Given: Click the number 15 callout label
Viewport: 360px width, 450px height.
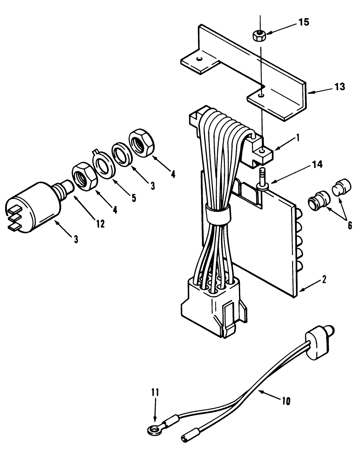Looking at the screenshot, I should [304, 23].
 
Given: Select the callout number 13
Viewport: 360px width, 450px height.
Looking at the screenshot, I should [340, 87].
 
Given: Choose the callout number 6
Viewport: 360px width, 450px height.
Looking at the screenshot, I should [349, 225].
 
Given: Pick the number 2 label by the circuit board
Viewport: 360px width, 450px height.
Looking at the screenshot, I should [324, 279].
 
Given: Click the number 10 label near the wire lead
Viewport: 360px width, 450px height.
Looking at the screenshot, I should [286, 401].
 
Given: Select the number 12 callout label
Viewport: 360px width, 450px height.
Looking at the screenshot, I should [100, 224].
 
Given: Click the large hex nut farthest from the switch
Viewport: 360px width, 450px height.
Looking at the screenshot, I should [141, 142].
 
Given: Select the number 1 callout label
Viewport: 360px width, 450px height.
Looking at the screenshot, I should [298, 138].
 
